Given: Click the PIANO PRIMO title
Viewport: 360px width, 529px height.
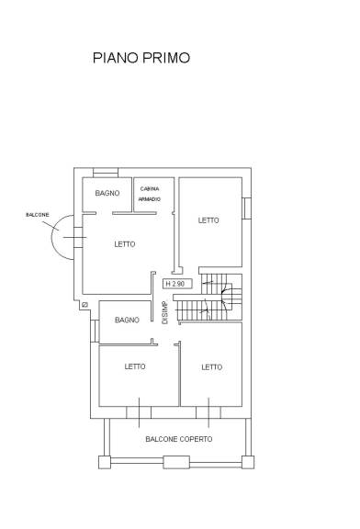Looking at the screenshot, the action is tap(141, 58).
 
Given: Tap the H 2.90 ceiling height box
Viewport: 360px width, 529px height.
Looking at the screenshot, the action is tap(177, 284).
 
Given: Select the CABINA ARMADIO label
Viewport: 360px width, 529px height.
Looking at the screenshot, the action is tap(150, 194).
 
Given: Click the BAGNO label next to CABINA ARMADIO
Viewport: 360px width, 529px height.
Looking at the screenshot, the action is tap(107, 193).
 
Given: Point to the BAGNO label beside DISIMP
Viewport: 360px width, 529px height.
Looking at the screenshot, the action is tap(127, 320).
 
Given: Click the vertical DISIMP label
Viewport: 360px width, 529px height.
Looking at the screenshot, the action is tap(164, 312).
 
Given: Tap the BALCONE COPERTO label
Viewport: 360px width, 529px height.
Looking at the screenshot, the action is tap(179, 439).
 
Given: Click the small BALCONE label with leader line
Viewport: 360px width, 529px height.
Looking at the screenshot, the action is tap(38, 215).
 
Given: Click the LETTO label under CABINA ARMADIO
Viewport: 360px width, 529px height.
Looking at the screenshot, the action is tap(125, 244).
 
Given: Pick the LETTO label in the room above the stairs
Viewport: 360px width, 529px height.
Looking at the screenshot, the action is tap(208, 220).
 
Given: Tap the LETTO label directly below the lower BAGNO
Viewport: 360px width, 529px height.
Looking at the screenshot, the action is tap(135, 366).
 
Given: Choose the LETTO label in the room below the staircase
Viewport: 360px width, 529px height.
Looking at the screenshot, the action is tap(212, 367).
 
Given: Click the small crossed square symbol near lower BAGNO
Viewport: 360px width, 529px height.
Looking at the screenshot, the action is tap(84, 305).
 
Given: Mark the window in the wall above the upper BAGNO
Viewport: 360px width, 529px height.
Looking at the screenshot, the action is tap(106, 173).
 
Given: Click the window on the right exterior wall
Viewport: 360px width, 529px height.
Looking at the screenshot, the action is tap(247, 208).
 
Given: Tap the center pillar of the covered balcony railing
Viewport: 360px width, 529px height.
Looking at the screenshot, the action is tap(176, 462).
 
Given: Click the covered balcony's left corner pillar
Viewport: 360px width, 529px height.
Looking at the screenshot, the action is tap(105, 462).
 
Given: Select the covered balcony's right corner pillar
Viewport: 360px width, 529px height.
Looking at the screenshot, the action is tap(248, 462).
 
